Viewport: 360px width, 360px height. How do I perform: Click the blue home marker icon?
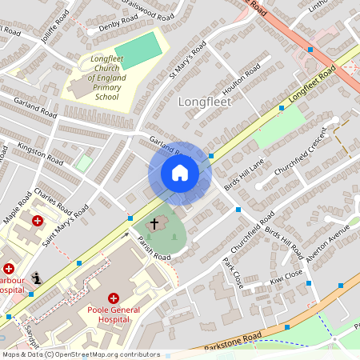pos(180,173)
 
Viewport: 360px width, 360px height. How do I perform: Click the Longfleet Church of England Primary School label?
pos(106,78)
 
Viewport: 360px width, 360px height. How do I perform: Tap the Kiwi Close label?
pos(286,277)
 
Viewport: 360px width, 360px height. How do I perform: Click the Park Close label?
pos(234,274)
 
